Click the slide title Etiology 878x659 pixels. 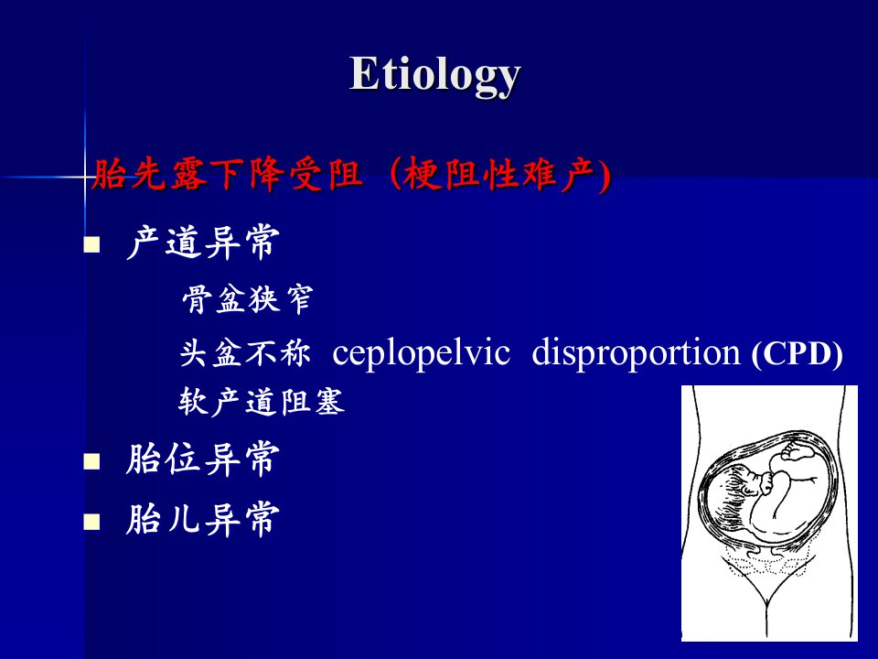point(435,74)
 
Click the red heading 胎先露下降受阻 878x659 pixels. point(228,174)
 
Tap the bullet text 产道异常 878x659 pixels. point(203,243)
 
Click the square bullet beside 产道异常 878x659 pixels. point(91,244)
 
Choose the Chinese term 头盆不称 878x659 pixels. point(245,353)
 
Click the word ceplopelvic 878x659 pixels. point(421,353)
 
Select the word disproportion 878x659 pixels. point(637,353)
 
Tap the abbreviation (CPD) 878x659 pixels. point(797,354)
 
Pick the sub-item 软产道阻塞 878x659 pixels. point(261,401)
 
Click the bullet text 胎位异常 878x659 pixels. point(203,459)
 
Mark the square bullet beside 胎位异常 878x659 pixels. point(91,461)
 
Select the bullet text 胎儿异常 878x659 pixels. point(203,520)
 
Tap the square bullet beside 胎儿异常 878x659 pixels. point(91,522)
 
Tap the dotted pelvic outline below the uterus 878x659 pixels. point(767,562)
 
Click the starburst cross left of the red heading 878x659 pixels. point(85,177)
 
